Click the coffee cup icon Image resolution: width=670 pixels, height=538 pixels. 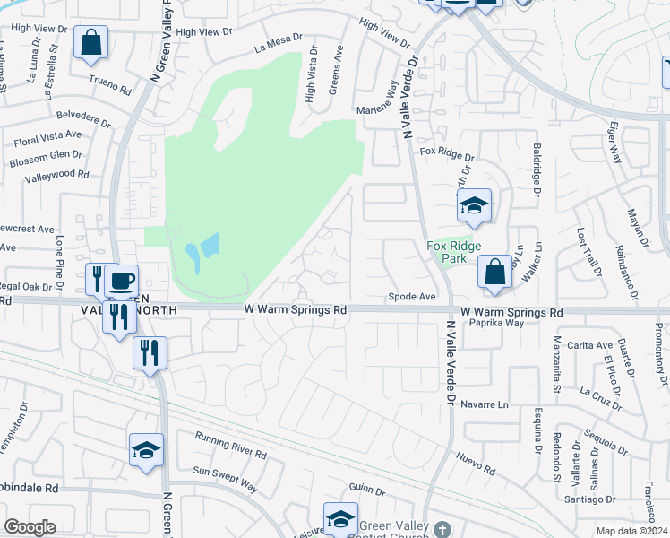point(121,281)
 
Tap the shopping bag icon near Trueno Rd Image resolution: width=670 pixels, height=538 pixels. point(91,42)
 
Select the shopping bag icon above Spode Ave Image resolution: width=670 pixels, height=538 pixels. point(494,272)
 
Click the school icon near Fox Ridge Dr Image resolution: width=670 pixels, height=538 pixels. point(473,206)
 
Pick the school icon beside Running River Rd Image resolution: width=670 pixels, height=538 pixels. point(147,450)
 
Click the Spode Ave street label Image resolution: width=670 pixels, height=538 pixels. point(411,296)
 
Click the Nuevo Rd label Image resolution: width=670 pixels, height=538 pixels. point(476,463)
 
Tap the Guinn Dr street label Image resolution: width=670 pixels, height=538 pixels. point(366,491)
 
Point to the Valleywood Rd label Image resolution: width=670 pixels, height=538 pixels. point(59,175)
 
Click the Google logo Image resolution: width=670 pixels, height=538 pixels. point(30,527)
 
